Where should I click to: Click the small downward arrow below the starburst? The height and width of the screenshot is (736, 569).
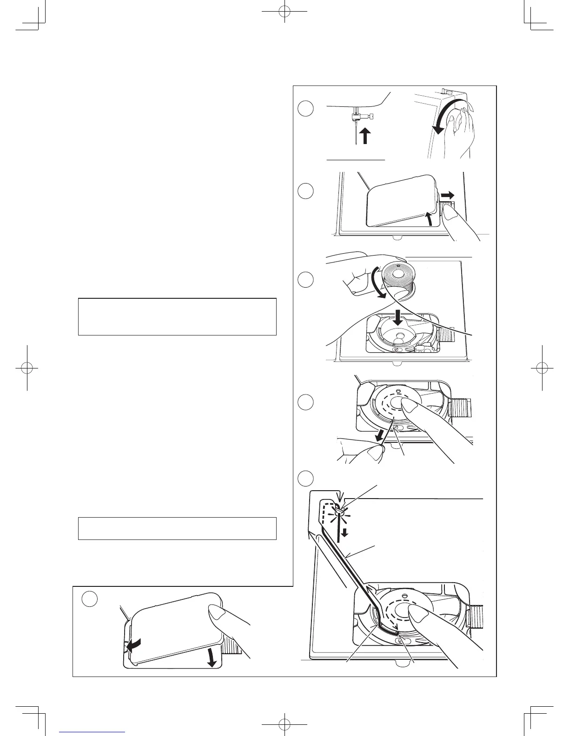pos(344,532)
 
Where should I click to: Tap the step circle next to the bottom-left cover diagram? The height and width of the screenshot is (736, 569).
pos(90,599)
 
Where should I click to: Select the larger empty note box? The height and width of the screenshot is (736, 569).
pos(177,316)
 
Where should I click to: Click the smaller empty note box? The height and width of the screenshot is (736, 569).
pos(177,528)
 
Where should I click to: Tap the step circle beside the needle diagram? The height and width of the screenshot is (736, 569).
pos(305,109)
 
